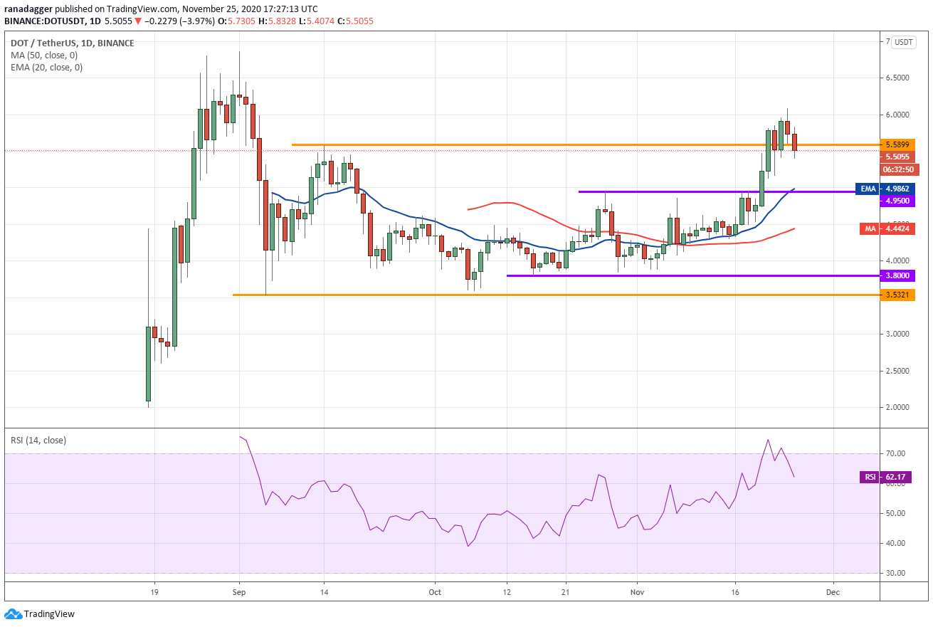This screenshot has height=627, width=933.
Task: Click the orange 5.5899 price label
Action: point(897,144)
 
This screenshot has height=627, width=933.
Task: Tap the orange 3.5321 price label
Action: point(897,295)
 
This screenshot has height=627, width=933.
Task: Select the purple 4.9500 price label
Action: point(897,201)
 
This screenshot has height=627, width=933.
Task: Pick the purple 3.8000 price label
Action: point(897,275)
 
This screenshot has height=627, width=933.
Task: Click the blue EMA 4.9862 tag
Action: point(885,189)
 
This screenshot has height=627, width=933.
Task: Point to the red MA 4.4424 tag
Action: point(887,228)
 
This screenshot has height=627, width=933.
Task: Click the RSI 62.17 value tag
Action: point(885,477)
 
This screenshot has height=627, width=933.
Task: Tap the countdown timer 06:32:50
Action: point(898,169)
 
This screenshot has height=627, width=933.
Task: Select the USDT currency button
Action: point(903,42)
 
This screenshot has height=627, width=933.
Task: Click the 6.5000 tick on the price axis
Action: point(897,78)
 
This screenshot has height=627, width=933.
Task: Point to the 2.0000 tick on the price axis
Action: point(897,407)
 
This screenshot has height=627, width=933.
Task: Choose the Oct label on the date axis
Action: point(435,592)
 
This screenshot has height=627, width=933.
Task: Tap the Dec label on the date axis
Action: point(833,592)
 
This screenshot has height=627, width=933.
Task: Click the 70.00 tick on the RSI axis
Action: point(895,453)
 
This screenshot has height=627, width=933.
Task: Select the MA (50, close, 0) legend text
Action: point(44,56)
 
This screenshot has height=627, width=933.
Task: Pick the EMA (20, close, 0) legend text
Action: point(47,68)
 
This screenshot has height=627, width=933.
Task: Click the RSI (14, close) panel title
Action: point(38,441)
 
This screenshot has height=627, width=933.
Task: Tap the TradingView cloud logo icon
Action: point(13,613)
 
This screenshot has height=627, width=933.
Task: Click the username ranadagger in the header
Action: point(28,9)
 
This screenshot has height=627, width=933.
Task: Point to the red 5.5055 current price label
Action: point(897,157)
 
